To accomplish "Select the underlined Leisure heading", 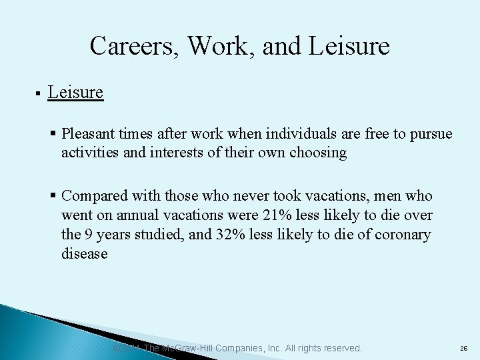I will coord(75,92).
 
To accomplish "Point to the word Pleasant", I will coord(90,133).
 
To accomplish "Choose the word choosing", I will coord(318,153).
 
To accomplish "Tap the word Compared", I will coord(95,196).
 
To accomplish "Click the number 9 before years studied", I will coord(88,235).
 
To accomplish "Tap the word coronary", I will coord(401,235).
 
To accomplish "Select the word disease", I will coord(84,254).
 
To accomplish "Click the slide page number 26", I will coord(463,349).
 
